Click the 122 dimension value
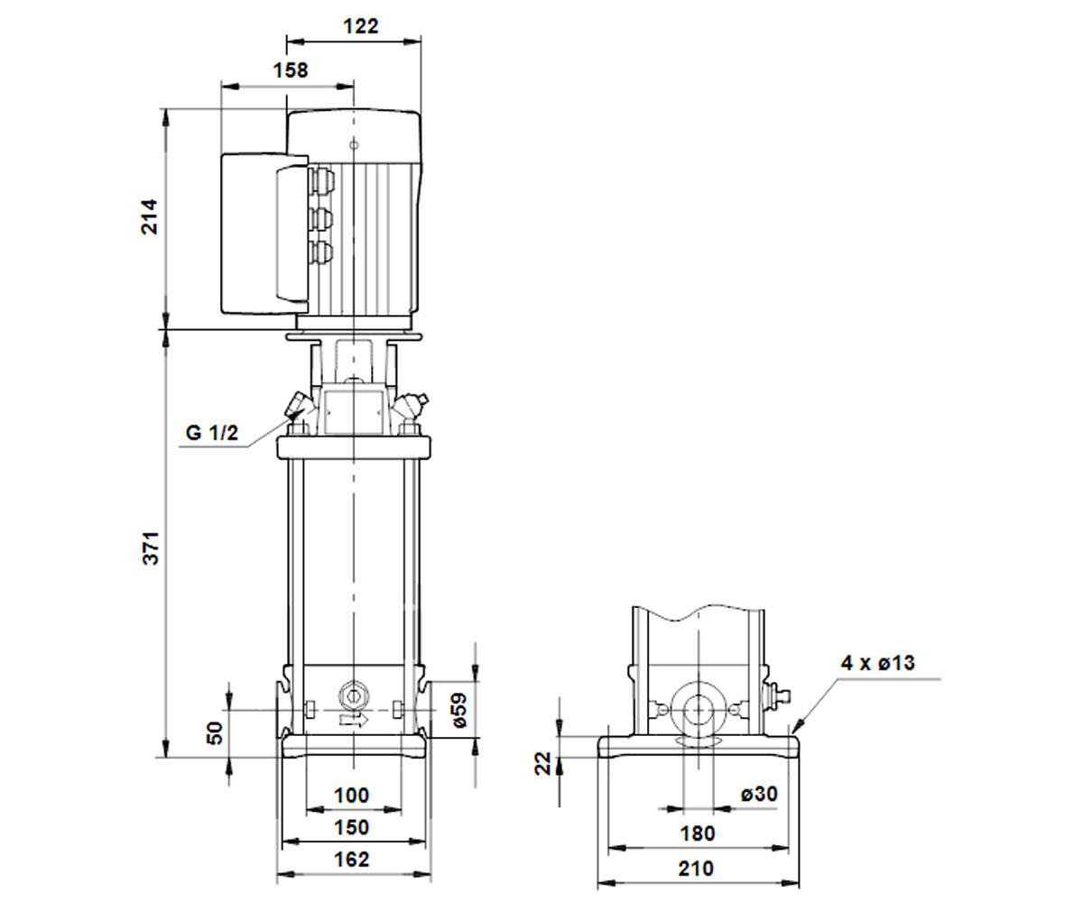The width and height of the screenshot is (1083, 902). (361, 26)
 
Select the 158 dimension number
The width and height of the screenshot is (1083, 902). (291, 70)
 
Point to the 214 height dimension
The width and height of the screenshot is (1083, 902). (150, 216)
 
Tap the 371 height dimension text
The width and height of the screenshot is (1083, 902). (151, 548)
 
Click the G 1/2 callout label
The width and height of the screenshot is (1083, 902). (212, 432)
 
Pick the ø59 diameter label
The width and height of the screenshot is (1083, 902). (459, 710)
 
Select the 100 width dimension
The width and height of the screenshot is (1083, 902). (352, 795)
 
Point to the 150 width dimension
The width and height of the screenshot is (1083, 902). (352, 827)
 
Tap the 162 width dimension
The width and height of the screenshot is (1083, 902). (352, 859)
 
